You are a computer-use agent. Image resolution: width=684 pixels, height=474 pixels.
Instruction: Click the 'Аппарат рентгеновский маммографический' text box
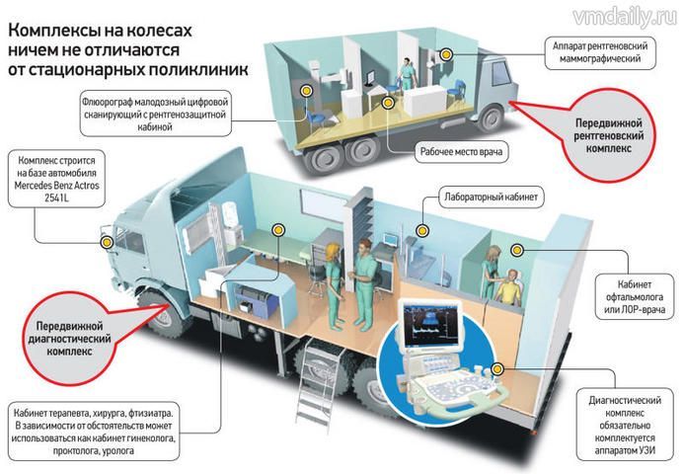point(603,52)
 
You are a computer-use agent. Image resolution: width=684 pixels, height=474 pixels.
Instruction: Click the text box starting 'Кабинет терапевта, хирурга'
point(99,431)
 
